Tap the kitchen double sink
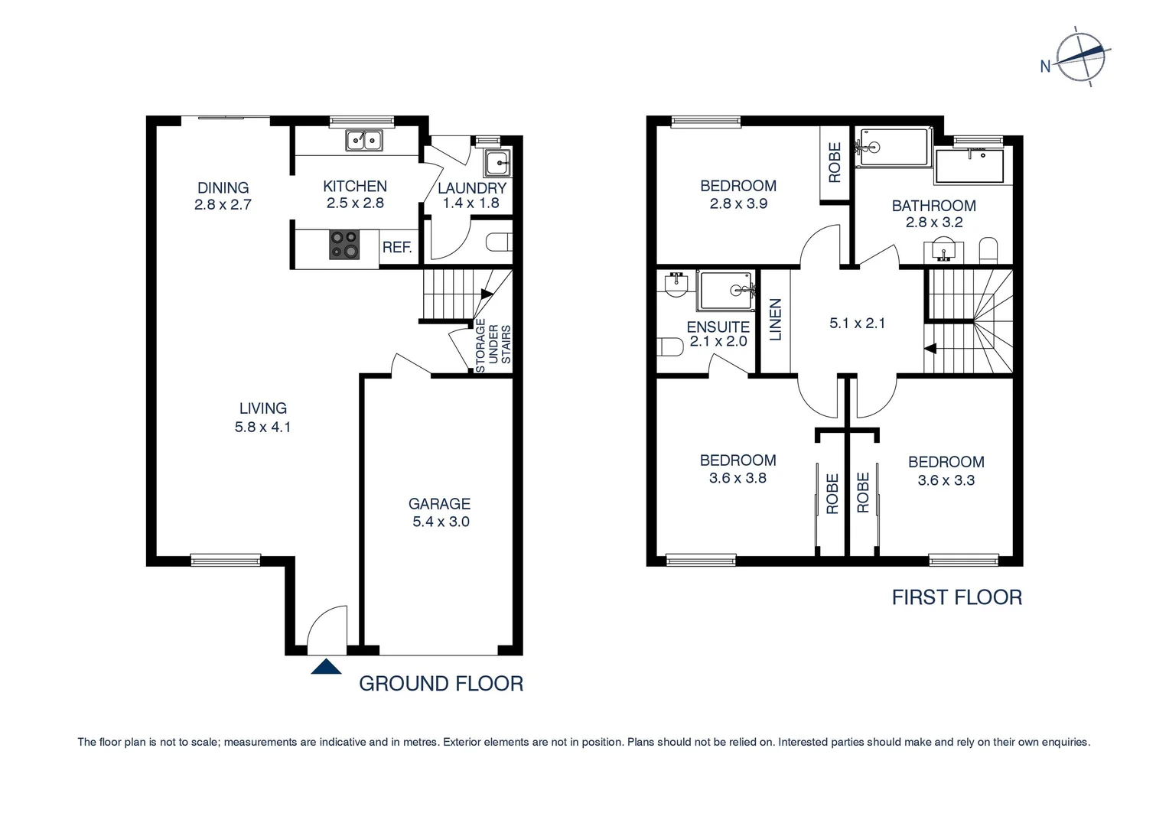[363, 141]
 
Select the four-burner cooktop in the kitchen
[344, 244]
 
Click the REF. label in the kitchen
[397, 248]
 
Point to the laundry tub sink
[497, 162]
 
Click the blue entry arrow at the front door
[326, 667]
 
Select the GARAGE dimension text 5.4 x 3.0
[440, 522]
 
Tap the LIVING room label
[262, 408]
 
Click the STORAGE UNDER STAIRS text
[493, 346]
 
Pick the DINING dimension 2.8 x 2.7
[223, 205]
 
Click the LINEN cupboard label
[775, 320]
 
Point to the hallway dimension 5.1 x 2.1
[857, 324]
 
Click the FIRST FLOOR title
[956, 597]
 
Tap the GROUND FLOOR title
[441, 684]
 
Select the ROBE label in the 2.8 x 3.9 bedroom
[835, 162]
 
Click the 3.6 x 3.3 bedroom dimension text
[946, 481]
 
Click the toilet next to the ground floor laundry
[499, 242]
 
